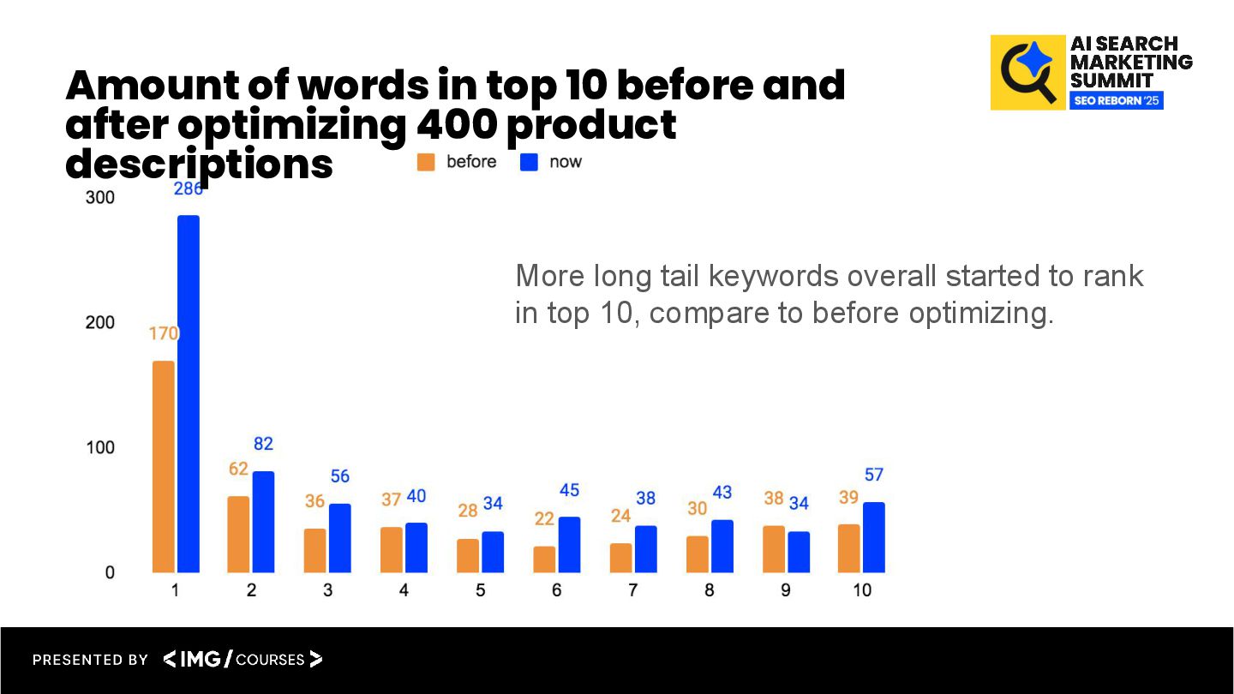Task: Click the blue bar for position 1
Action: pyautogui.click(x=189, y=394)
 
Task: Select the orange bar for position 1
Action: pyautogui.click(x=163, y=467)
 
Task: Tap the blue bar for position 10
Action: pyautogui.click(x=874, y=537)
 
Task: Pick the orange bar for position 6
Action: pyautogui.click(x=544, y=559)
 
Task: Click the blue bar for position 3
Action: pyautogui.click(x=340, y=538)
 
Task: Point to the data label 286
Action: pyautogui.click(x=189, y=189)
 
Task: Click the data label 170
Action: pyautogui.click(x=164, y=333)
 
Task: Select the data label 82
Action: pyautogui.click(x=263, y=444)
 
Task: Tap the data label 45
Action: pyautogui.click(x=569, y=490)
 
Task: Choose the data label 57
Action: pyautogui.click(x=874, y=475)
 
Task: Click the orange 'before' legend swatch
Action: pyautogui.click(x=426, y=162)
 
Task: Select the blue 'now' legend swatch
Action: pyautogui.click(x=529, y=162)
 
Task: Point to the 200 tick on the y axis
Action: pyautogui.click(x=100, y=323)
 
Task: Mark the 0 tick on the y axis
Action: pyautogui.click(x=110, y=572)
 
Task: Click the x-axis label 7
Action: pyautogui.click(x=632, y=590)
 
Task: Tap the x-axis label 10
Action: pyautogui.click(x=862, y=590)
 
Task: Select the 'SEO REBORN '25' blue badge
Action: pyautogui.click(x=1116, y=100)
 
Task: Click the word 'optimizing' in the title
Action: pyautogui.click(x=291, y=125)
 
